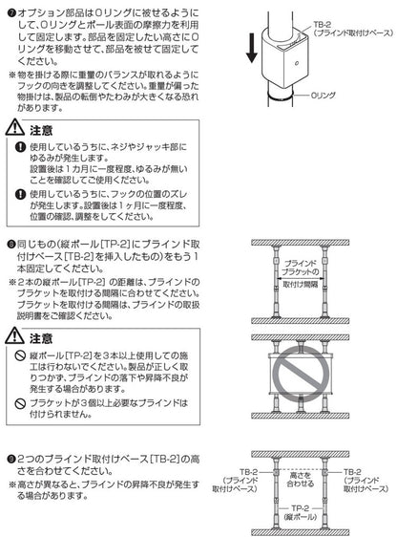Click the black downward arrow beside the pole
coord(252,48)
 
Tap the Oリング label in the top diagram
coord(324,96)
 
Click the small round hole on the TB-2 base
coord(297,63)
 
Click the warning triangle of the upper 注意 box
coord(15,127)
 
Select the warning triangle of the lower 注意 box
coord(15,335)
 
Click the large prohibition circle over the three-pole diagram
coord(301,374)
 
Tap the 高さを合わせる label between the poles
coord(301,480)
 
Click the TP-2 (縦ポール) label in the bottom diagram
coord(301,513)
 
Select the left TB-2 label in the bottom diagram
coord(235,481)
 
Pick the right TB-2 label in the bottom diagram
coord(366,481)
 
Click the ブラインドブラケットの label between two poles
coord(301,268)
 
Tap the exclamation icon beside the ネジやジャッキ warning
coord(20,147)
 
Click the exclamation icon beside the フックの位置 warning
coord(20,195)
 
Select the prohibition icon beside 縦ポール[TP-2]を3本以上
coord(20,355)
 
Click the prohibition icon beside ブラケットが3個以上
coord(20,403)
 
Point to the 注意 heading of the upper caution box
coord(41,131)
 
